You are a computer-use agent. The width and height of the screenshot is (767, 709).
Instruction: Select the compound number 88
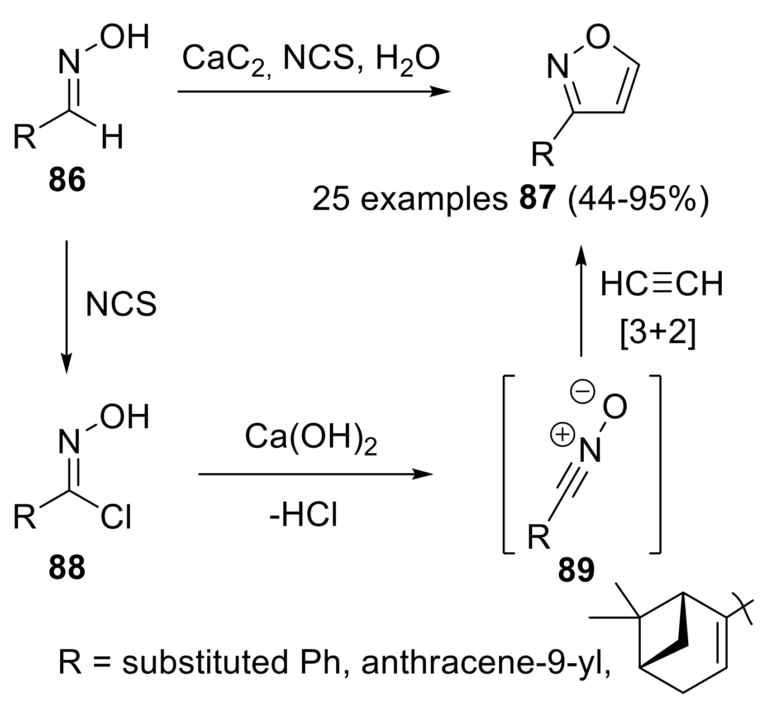pos(67,568)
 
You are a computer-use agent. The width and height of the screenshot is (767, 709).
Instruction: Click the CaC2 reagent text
pos(224,60)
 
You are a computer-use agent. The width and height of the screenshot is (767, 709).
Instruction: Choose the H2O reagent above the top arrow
pos(408,60)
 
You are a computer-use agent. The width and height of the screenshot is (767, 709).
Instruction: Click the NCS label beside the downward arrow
pos(121,304)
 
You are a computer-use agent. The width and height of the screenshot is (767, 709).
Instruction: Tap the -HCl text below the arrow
pos(303,516)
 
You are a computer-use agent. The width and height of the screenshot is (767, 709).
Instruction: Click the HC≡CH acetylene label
pos(661,284)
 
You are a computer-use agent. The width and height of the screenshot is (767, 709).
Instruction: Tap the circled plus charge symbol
pos(560,436)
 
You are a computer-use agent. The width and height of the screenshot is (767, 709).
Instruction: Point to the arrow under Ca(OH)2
pos(315,474)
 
